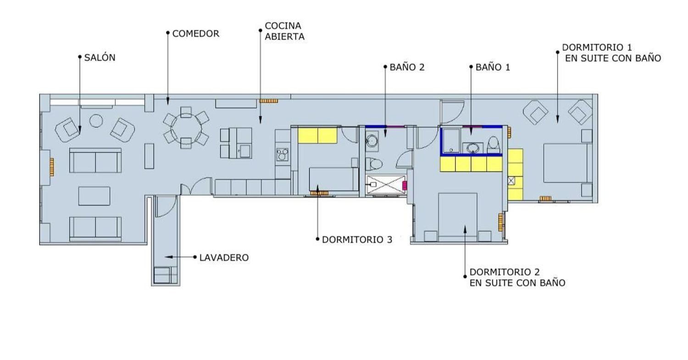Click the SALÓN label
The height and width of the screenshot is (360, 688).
click(100, 57)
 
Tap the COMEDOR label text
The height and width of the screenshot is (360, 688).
click(196, 33)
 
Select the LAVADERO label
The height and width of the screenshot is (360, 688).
click(224, 257)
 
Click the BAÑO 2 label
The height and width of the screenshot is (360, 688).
click(407, 67)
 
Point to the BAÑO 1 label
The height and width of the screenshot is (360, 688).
click(493, 67)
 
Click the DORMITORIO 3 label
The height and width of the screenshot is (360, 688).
click(357, 239)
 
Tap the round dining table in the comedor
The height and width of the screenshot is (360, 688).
click(186, 128)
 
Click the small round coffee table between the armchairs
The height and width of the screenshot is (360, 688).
click(96, 121)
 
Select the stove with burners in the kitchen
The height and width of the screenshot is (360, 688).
click(282, 155)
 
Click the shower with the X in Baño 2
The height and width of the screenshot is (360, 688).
click(386, 185)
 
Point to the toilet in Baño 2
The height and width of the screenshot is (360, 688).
click(374, 164)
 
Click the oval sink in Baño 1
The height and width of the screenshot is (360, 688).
click(472, 149)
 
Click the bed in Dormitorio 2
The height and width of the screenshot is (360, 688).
click(458, 217)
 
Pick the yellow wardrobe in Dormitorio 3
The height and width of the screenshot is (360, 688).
click(317, 135)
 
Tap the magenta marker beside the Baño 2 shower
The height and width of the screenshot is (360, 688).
click(405, 186)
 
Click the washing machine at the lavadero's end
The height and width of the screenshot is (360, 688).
click(162, 275)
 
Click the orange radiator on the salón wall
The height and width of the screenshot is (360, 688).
click(51, 167)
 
